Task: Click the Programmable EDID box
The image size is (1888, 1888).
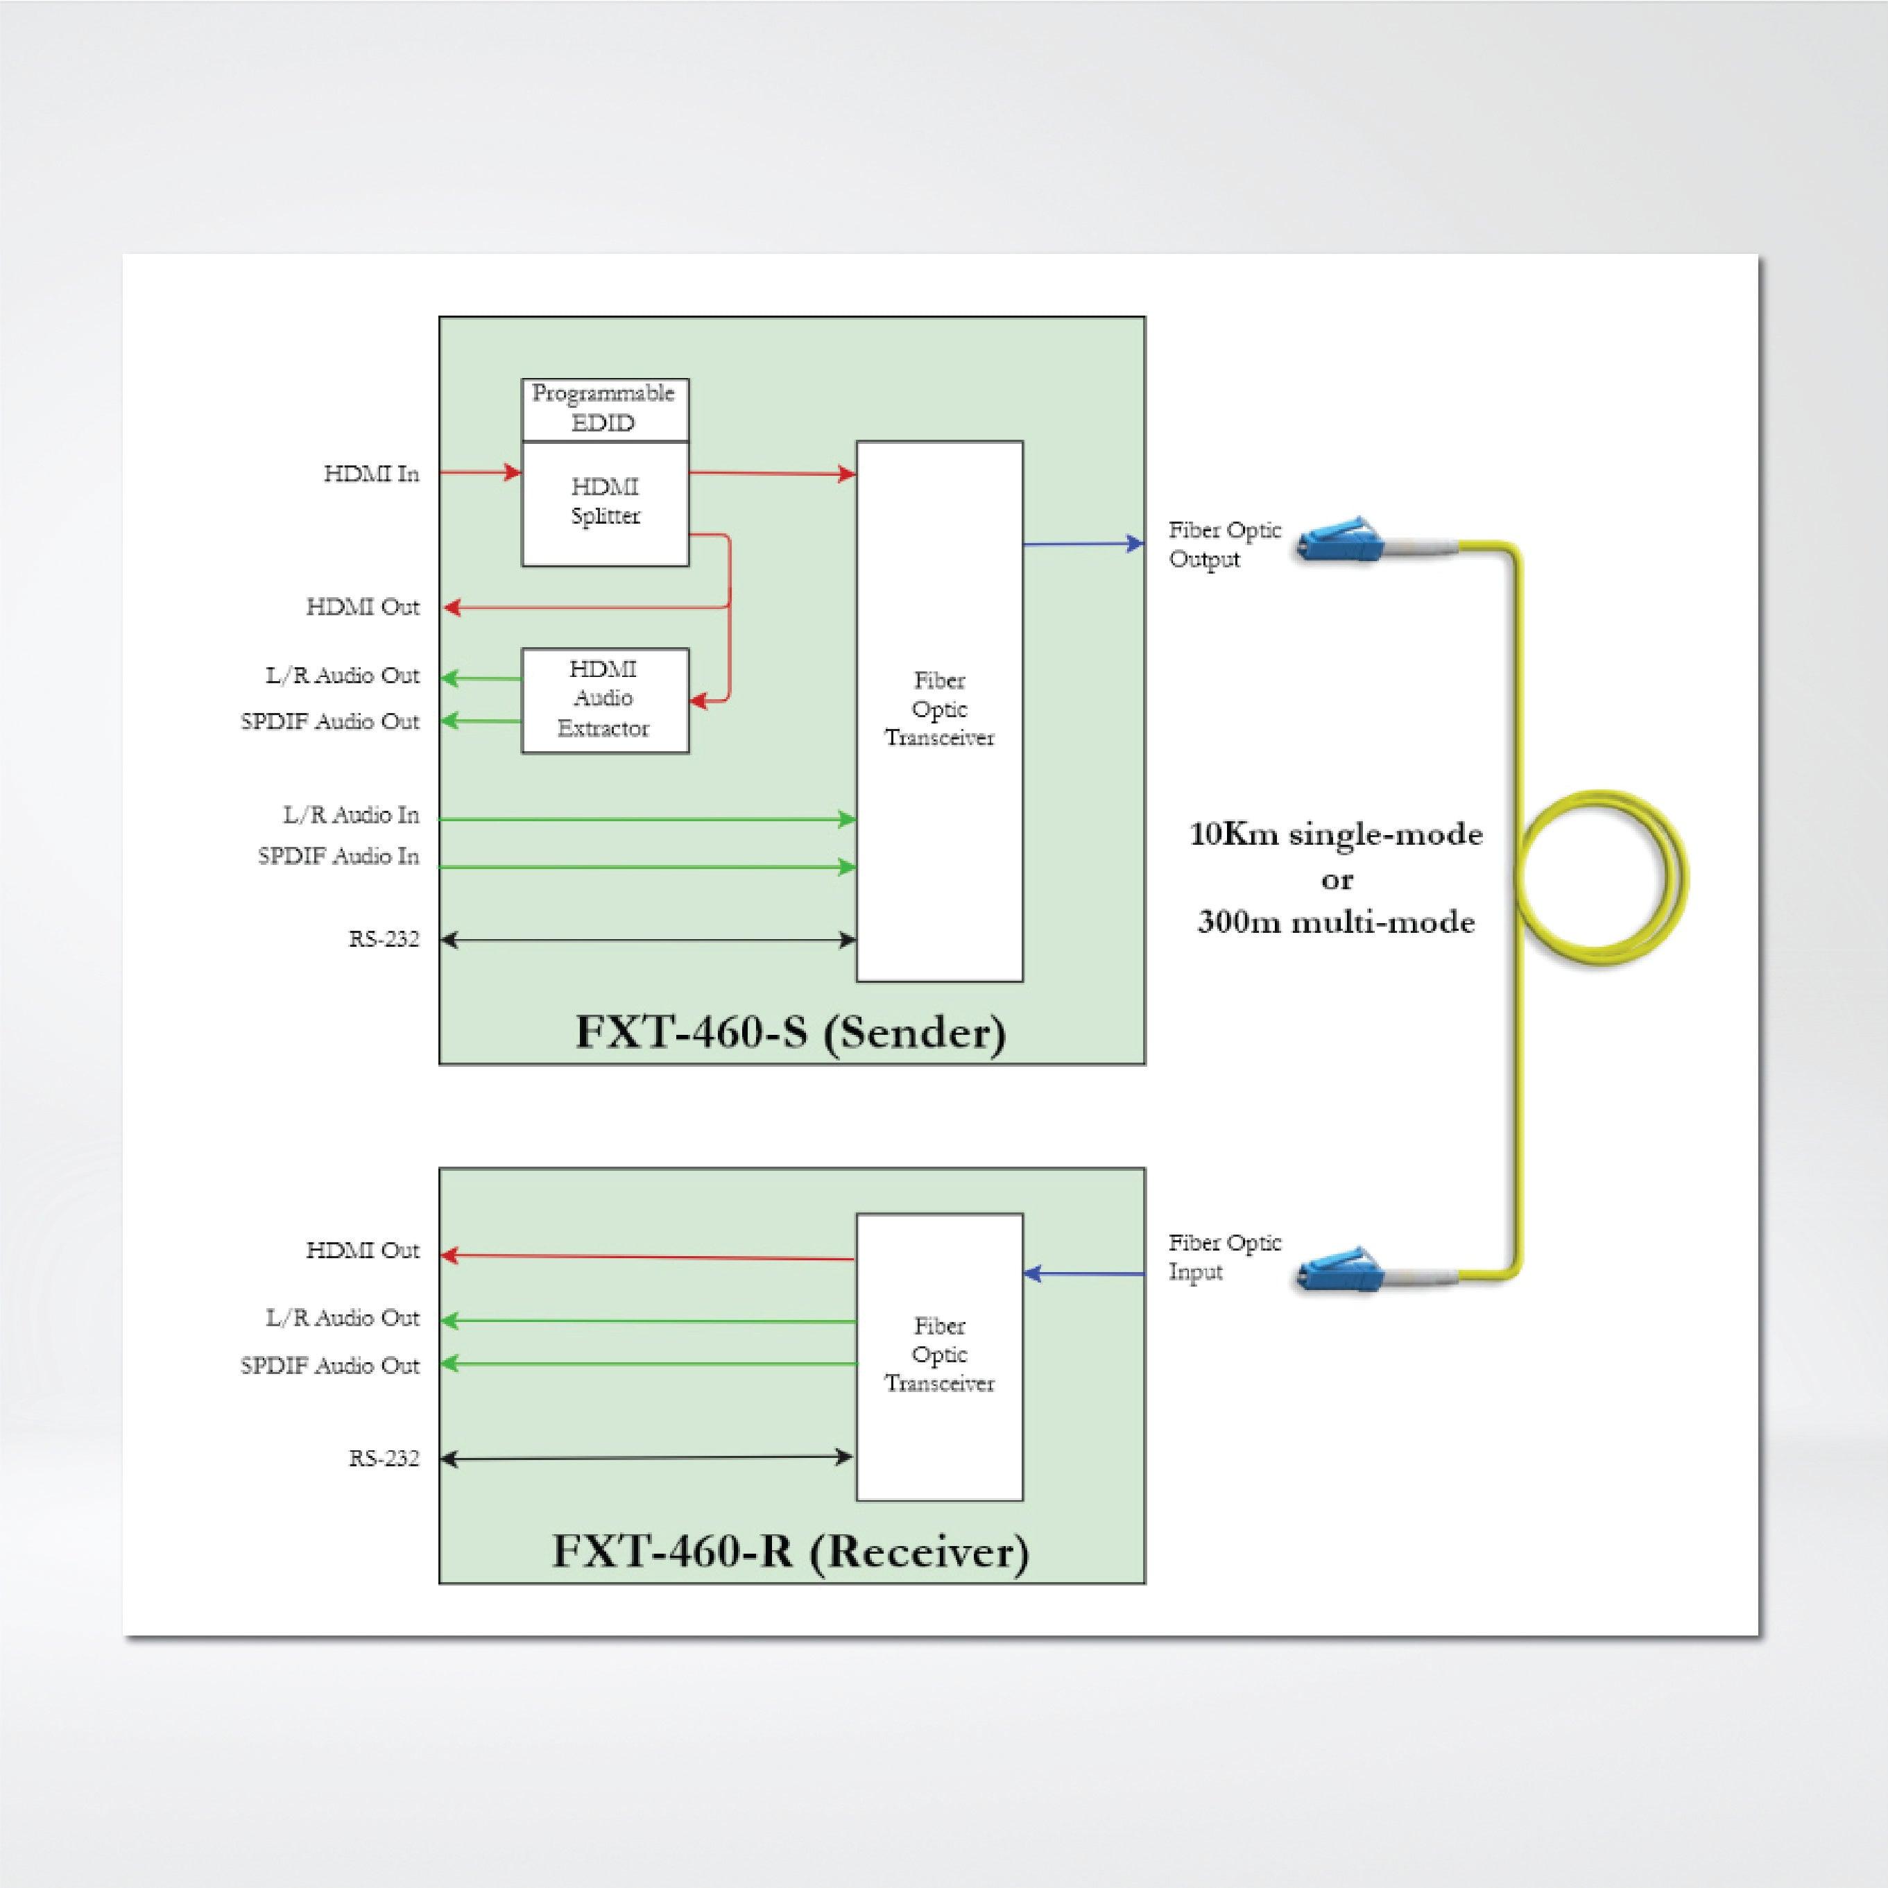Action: point(604,409)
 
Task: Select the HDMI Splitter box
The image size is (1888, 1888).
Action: point(605,502)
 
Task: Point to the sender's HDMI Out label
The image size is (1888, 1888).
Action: point(363,607)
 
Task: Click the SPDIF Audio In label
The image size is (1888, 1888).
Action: point(338,856)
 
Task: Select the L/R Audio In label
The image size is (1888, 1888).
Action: point(351,815)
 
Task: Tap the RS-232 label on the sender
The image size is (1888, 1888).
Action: point(384,939)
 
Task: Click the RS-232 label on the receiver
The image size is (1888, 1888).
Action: point(384,1459)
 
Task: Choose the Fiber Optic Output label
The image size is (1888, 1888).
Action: point(1224,544)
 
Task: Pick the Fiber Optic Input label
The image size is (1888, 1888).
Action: point(1224,1257)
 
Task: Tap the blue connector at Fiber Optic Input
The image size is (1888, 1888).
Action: point(1338,1269)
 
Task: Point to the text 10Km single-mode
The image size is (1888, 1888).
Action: point(1336,834)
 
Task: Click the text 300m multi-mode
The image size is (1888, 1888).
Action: point(1336,922)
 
